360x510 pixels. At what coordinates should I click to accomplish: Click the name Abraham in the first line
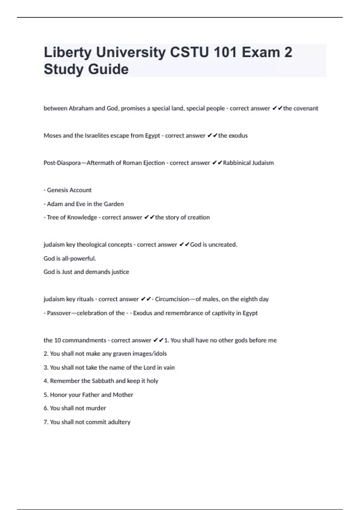(81, 108)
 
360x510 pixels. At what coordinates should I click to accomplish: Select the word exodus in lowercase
(238, 136)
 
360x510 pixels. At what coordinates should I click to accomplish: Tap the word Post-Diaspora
(62, 163)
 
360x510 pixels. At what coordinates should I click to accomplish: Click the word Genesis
(58, 190)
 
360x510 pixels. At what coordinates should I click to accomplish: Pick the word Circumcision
(172, 299)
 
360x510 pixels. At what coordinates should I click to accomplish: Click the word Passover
(59, 313)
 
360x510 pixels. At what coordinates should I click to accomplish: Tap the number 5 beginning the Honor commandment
(45, 395)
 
